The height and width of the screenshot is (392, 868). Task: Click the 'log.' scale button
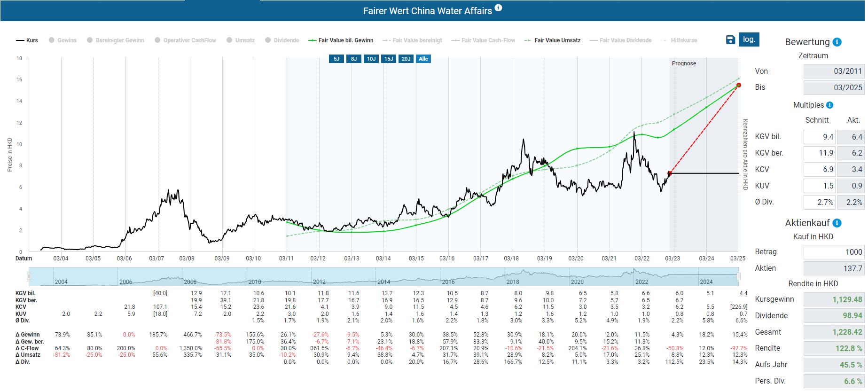pos(749,39)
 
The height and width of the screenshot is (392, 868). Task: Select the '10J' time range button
pos(371,59)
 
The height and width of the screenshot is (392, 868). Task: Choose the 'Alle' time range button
pos(423,59)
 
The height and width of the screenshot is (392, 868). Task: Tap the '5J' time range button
pos(336,59)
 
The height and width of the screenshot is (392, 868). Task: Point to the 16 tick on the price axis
pos(19,79)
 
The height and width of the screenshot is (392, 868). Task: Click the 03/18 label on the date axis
pos(511,259)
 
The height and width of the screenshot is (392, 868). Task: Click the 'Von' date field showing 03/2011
pos(834,71)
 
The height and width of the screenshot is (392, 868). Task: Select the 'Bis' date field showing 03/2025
pos(834,87)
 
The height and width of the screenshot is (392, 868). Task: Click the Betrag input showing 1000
pos(834,252)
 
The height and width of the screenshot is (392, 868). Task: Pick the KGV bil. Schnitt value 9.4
pos(820,137)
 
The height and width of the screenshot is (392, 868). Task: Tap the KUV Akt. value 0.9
pos(851,186)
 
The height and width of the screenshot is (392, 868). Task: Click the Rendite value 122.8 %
pos(834,348)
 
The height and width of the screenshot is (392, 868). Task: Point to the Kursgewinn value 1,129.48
pos(834,299)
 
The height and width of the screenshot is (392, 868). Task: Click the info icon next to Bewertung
pos(837,42)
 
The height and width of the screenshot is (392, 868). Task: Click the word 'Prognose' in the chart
pos(684,63)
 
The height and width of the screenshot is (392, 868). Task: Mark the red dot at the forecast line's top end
pos(739,85)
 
